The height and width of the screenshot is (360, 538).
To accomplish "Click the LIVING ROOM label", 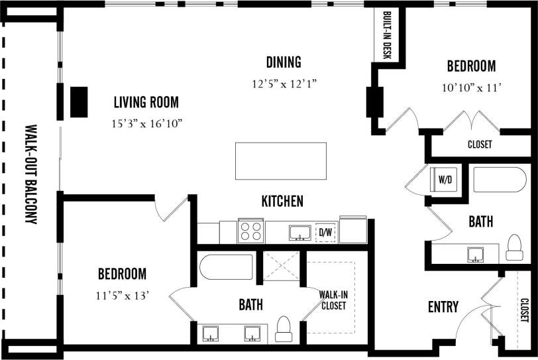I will point(146,102).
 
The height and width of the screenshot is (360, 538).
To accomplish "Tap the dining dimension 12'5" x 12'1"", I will point(285,84).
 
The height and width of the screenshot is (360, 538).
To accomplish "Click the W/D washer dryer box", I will point(443,179).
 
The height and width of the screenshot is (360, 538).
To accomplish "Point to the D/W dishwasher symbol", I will point(325,232).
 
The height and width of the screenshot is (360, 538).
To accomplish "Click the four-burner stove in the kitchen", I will point(250,231).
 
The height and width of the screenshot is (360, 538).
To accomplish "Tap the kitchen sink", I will point(300,232).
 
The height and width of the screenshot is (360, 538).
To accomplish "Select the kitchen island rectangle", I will point(280,160).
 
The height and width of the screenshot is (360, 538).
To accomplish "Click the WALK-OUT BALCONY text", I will point(30,174).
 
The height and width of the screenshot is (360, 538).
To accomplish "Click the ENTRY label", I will point(443,307).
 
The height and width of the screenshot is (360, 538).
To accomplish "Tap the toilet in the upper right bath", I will point(514,248).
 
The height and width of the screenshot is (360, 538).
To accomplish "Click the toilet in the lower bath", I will point(284,328).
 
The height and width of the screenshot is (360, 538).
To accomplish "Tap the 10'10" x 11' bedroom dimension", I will point(471,87).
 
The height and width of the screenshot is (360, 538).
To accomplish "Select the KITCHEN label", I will point(282,201).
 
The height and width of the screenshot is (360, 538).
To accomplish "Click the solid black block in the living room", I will point(80,102).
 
